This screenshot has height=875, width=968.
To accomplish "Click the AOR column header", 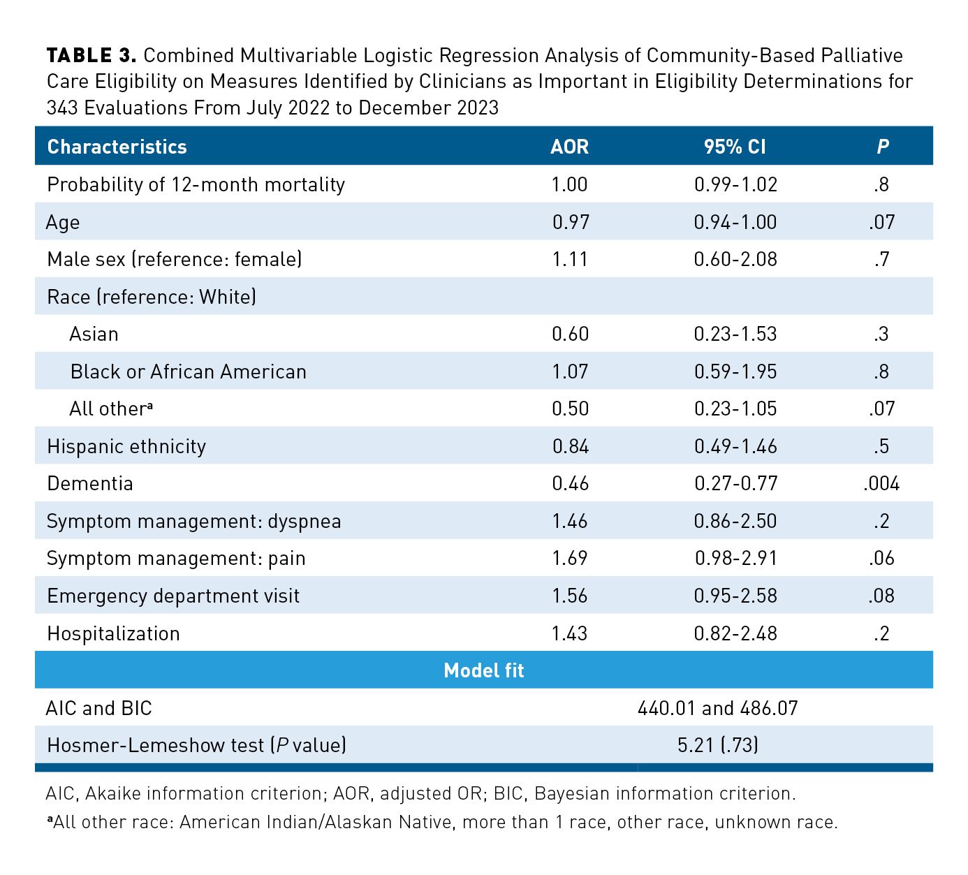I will [x=569, y=147].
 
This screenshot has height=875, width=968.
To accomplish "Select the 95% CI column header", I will [x=735, y=147].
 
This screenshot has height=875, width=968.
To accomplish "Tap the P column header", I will [x=882, y=147].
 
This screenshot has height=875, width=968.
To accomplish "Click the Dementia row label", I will [x=89, y=484].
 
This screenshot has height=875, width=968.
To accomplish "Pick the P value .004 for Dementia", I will [x=881, y=484].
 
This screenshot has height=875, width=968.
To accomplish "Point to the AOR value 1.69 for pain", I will [x=569, y=559].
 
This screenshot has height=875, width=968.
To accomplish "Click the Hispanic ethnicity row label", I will [x=126, y=446].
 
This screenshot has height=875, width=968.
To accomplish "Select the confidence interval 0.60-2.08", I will [x=735, y=259].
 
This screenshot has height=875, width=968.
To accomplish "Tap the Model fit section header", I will [x=483, y=670].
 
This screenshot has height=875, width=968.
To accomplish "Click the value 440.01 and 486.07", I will [x=717, y=708].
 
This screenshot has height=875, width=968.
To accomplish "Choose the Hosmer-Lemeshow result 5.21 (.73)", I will [x=717, y=745].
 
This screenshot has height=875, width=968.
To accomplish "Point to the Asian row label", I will [x=94, y=334].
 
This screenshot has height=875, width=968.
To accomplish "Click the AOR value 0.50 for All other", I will [x=570, y=409].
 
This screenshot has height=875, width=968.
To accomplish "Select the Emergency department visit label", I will [x=173, y=596].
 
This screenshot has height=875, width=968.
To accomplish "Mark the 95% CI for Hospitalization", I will [x=735, y=633].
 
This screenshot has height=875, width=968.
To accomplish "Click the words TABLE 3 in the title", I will [x=91, y=55].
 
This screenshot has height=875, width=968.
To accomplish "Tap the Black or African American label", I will [x=188, y=372].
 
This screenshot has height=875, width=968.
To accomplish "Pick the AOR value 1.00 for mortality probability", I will [x=569, y=184].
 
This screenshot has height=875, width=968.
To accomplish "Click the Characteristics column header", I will [x=117, y=147].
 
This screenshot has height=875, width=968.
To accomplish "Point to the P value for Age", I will [x=881, y=222].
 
